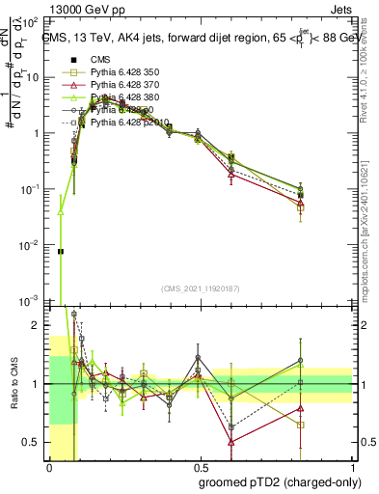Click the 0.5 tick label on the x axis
pos(200,467)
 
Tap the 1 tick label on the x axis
pos(351,467)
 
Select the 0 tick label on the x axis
pos(49,467)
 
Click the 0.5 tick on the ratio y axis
pos(34,442)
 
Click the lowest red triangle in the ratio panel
pos(231,441)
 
